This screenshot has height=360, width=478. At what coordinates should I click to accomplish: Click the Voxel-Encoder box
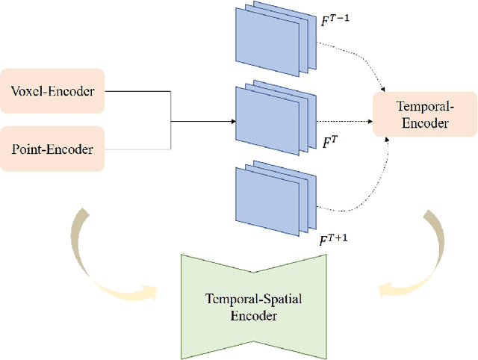coord(52,93)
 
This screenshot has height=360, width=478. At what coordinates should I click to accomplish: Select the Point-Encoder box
coord(52,149)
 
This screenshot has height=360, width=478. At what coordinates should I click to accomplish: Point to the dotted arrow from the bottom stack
coord(358,196)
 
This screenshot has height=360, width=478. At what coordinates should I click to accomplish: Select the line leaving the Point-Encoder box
coord(138,149)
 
